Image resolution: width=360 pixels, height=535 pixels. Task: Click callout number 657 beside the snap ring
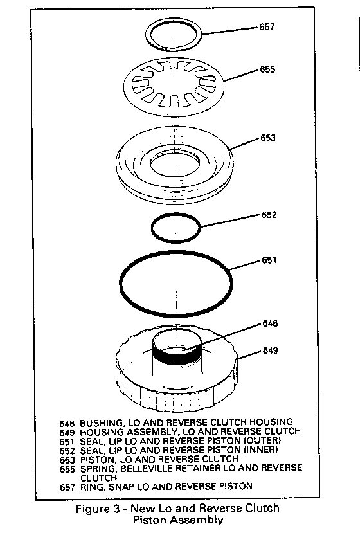tap(267, 26)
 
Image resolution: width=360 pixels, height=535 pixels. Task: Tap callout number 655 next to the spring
tap(267, 69)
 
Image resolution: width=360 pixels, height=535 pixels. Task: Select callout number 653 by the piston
tap(268, 138)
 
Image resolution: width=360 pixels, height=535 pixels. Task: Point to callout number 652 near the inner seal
tap(269, 215)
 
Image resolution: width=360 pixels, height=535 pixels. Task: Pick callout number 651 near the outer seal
tap(269, 260)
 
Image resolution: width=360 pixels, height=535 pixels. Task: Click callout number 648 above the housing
tap(270, 323)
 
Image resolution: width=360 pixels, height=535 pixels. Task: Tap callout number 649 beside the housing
tap(270, 350)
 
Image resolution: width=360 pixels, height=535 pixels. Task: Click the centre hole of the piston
tap(175, 165)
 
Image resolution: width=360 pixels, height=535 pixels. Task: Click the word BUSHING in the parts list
tap(101, 422)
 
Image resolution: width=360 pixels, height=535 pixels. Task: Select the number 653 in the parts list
tap(67, 460)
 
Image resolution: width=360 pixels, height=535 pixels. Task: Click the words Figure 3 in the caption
tap(98, 509)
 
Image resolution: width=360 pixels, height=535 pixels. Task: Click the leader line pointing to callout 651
tap(245, 266)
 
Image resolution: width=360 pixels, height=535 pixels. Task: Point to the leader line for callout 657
tap(229, 30)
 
